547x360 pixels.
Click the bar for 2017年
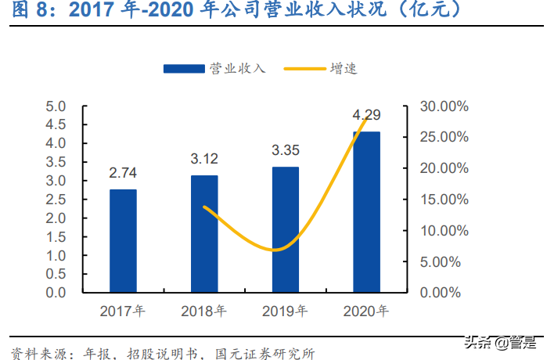(x=123, y=241)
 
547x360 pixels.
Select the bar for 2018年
(x=204, y=234)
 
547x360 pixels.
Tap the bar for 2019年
(x=286, y=229)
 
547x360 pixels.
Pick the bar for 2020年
(x=366, y=212)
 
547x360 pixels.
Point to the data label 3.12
(x=204, y=159)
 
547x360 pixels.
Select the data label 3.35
(x=286, y=150)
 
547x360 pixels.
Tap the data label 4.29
(x=366, y=115)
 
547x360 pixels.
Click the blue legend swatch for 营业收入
(x=184, y=69)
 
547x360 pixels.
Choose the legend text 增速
(x=344, y=69)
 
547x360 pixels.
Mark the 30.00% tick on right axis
(x=444, y=106)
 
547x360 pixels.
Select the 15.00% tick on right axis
(x=444, y=200)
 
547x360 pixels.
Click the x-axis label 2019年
(x=286, y=311)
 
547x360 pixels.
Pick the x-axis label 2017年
(x=123, y=311)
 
